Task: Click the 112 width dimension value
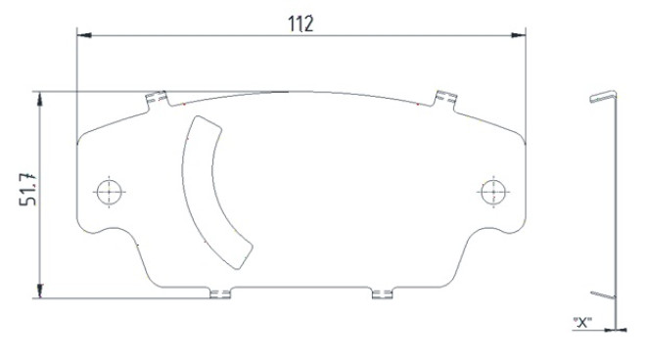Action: tap(300, 23)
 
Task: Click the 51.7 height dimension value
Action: tap(28, 189)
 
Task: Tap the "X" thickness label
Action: tap(582, 322)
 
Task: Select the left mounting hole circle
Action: tap(110, 192)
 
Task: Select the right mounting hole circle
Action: tap(493, 192)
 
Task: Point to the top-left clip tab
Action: tap(157, 100)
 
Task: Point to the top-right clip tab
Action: tap(445, 100)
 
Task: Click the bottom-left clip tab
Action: tap(220, 292)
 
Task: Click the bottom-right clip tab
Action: tap(382, 292)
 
